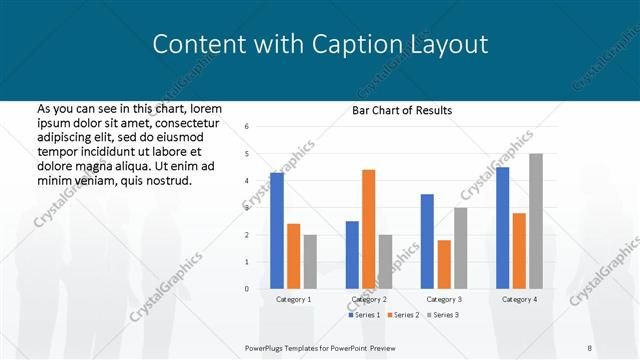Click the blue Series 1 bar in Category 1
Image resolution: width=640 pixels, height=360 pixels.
click(277, 230)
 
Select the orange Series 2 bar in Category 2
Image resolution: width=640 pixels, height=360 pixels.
click(368, 229)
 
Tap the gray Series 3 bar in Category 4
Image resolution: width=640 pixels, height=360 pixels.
click(536, 221)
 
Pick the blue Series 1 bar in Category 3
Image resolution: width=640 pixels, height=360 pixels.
click(427, 241)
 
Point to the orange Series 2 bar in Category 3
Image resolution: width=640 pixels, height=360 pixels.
click(444, 264)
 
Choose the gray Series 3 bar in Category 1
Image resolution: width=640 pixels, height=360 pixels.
click(310, 261)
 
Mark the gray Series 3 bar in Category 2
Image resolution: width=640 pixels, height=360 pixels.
click(385, 261)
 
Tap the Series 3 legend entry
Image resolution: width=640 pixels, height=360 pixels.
click(445, 315)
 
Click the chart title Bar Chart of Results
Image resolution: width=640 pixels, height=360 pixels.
click(402, 110)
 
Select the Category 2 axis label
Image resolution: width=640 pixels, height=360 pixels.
click(369, 299)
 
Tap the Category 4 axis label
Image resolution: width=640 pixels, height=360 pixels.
click(519, 299)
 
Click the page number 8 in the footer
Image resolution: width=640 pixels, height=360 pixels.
click(590, 347)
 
